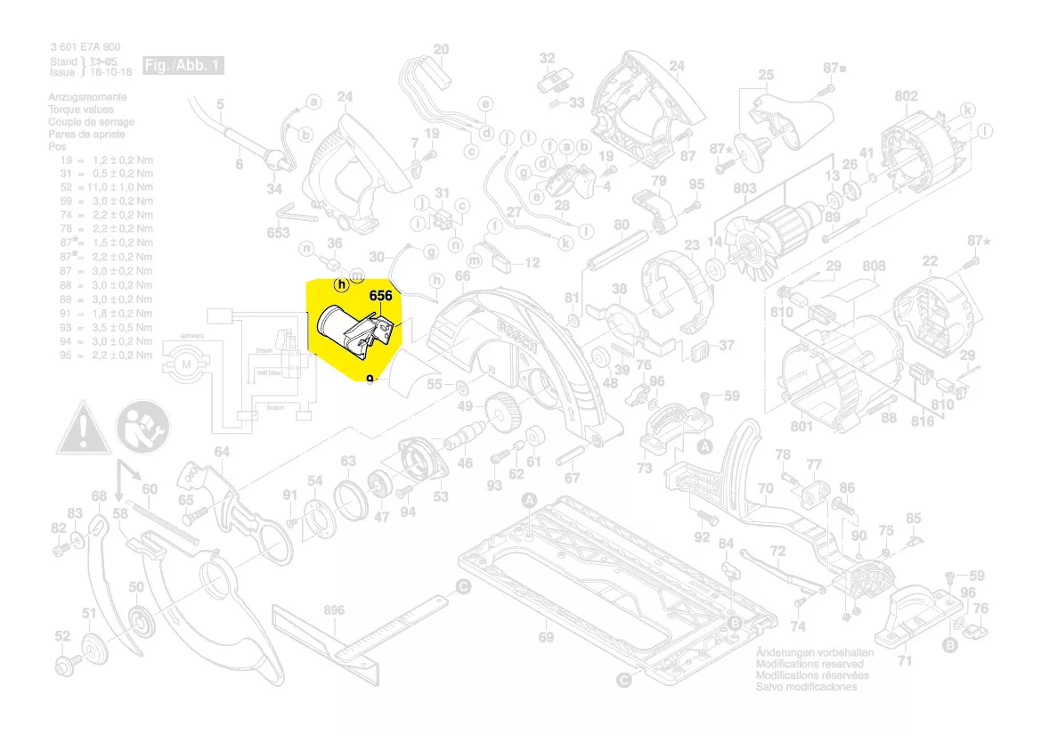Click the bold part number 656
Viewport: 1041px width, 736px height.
[x=381, y=296]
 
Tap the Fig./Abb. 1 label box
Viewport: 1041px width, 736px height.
[x=183, y=66]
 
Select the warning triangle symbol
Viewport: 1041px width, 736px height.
[x=85, y=427]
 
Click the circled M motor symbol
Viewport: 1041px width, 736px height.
[x=187, y=365]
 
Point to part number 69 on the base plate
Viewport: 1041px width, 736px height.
[x=546, y=637]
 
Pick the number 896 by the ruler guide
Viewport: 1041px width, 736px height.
[x=334, y=610]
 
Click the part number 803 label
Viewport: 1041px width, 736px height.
[x=744, y=189]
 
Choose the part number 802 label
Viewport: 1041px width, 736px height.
[x=906, y=96]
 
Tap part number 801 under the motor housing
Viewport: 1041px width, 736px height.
[x=801, y=427]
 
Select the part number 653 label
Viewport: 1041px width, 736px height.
[x=279, y=233]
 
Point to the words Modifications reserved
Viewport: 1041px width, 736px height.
[x=809, y=664]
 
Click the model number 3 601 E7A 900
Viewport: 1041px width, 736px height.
[x=85, y=47]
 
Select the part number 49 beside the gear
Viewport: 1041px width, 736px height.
[x=465, y=407]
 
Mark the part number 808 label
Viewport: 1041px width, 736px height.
[x=874, y=266]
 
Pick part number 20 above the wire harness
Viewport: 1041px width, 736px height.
[x=442, y=49]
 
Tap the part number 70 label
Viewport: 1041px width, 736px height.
[x=765, y=488]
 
